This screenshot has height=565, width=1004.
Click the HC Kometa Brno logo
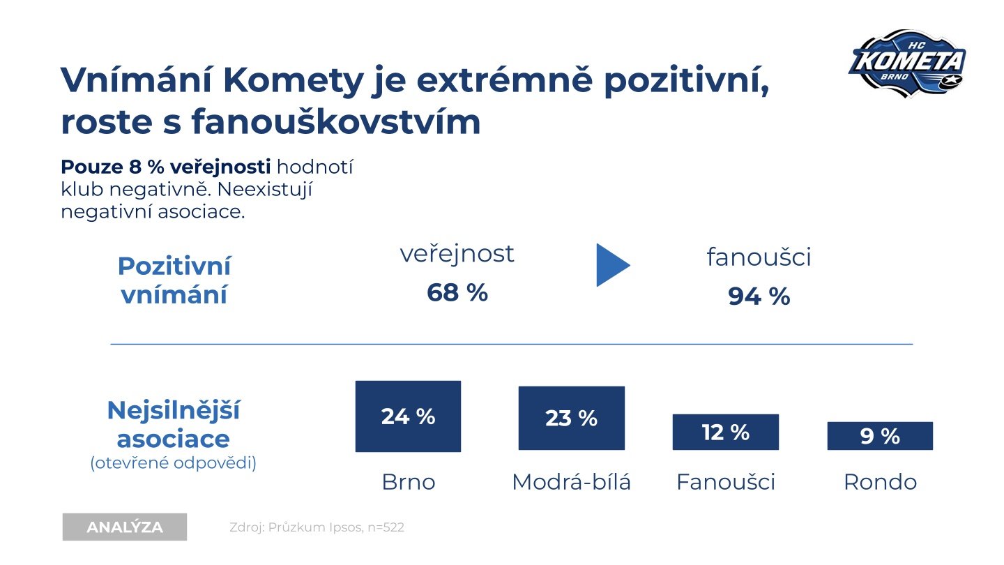[x=907, y=62]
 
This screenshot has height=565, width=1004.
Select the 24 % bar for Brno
[x=408, y=416]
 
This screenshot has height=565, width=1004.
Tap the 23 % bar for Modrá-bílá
[x=571, y=418]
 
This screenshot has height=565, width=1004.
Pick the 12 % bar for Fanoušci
[x=725, y=432]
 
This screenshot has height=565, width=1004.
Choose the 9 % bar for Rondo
[x=879, y=436]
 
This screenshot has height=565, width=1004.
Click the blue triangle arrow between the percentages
[x=612, y=265]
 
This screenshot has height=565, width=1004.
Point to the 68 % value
[x=457, y=293]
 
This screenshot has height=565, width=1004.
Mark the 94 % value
[x=759, y=296]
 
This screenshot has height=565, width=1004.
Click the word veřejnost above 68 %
[x=457, y=254]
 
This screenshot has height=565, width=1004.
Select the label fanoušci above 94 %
[x=759, y=257]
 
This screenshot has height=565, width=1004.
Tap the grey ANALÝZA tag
[x=125, y=527]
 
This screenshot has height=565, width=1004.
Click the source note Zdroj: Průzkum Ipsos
[x=317, y=527]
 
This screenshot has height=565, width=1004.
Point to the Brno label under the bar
[x=408, y=482]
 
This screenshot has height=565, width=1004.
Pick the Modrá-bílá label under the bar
[x=571, y=482]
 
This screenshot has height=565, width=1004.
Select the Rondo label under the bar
[x=880, y=482]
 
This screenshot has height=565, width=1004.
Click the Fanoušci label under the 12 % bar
[x=725, y=482]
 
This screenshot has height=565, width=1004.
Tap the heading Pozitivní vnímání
[x=174, y=280]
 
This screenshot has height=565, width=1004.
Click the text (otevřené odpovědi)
[x=174, y=462]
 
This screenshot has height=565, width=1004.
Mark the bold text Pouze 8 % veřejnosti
[x=166, y=167]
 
